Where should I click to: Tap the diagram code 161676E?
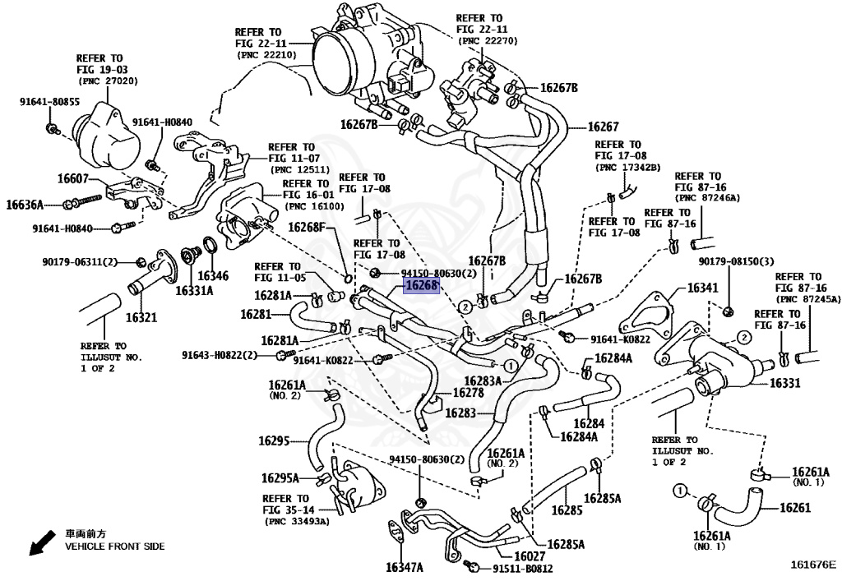pos(812,565)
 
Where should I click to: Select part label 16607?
pos(72,178)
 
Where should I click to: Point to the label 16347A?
pos(404,567)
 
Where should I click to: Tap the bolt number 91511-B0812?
pos(523,568)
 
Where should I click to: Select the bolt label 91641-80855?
pos(50,102)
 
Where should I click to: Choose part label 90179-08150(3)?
pos(737,261)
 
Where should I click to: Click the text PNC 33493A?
pos(297,521)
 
